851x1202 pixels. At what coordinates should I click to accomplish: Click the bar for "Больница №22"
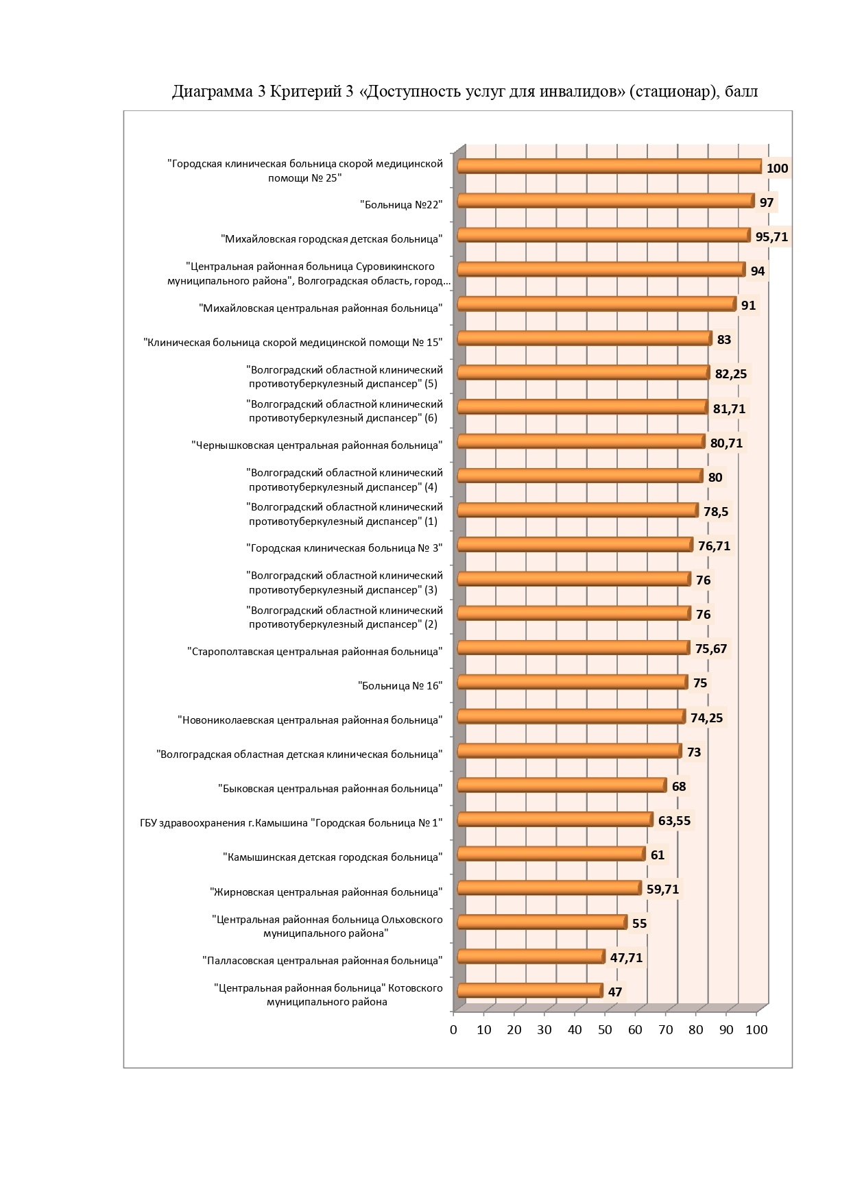(x=606, y=201)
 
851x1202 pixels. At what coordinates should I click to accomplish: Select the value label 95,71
(x=771, y=237)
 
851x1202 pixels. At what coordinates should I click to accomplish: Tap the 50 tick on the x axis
(x=605, y=1029)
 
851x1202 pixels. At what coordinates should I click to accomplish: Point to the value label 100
(x=777, y=169)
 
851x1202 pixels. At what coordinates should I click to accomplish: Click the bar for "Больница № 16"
(x=572, y=682)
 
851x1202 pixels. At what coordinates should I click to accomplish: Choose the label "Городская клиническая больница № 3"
(x=344, y=548)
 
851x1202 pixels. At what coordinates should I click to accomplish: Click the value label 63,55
(x=674, y=820)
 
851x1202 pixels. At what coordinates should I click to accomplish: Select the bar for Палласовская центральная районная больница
(x=531, y=957)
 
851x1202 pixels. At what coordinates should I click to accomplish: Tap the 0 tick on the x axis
(x=453, y=1029)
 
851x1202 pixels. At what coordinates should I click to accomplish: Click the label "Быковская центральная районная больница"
(x=331, y=789)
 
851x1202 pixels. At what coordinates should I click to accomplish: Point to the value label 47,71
(x=626, y=957)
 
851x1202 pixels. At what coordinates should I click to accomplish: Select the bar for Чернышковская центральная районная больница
(x=581, y=441)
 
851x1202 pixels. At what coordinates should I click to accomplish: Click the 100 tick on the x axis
(x=756, y=1029)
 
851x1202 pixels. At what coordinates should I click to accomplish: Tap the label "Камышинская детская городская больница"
(x=333, y=857)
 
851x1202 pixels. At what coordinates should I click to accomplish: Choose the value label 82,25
(x=730, y=374)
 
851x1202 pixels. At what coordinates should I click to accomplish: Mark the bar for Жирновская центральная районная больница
(x=549, y=888)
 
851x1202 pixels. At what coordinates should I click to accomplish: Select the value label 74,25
(x=706, y=717)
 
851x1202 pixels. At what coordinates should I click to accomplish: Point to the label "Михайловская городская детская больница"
(x=332, y=239)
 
